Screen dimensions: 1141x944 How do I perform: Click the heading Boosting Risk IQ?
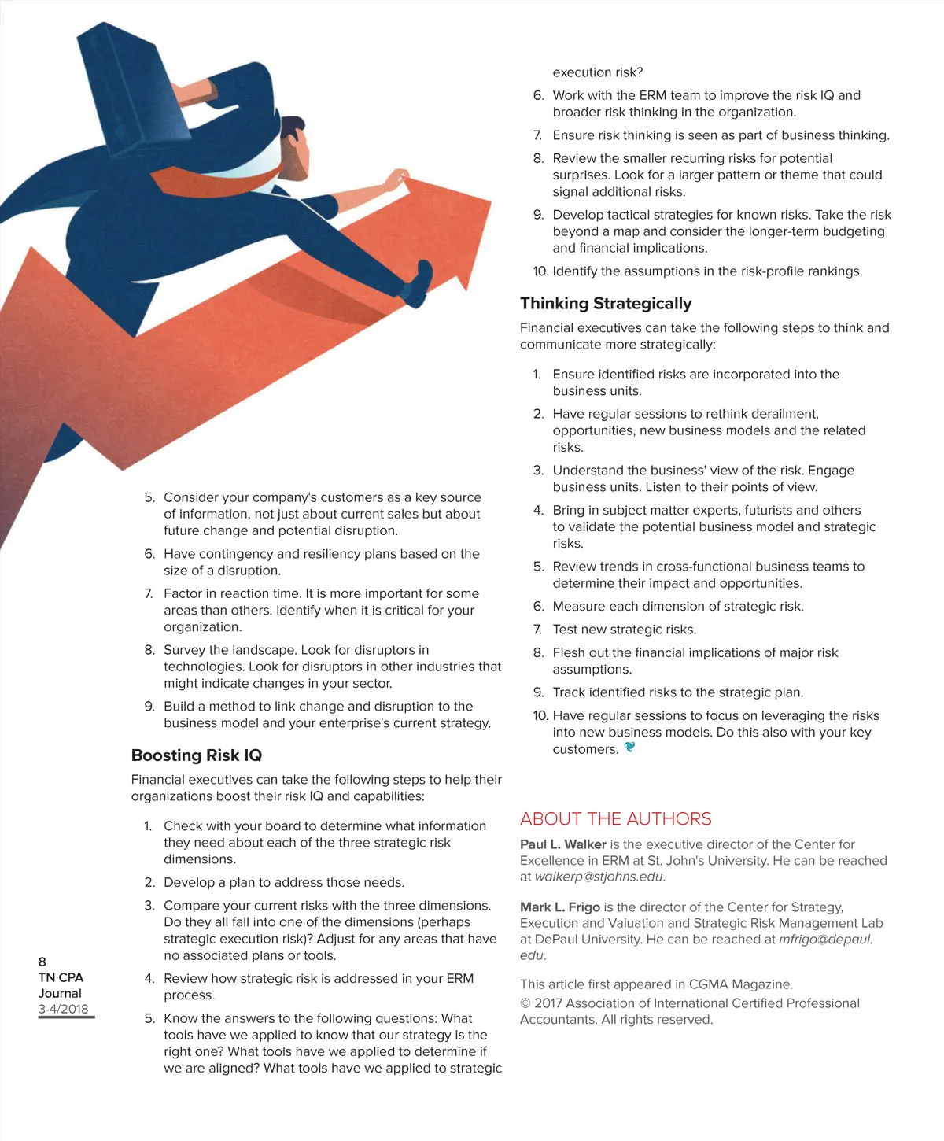tap(196, 755)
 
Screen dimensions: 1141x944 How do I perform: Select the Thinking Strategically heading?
tap(606, 304)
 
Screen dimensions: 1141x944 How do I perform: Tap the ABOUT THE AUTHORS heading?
tap(615, 818)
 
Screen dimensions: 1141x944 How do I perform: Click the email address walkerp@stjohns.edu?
tap(599, 877)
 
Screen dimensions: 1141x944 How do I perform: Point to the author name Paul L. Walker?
tap(562, 844)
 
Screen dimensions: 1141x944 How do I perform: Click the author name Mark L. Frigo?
tap(559, 907)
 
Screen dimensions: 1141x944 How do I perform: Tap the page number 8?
tap(42, 962)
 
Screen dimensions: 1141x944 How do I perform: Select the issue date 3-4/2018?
tap(63, 1009)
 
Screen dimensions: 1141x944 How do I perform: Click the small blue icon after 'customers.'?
tap(629, 748)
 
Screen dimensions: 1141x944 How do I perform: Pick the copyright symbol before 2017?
tap(525, 1003)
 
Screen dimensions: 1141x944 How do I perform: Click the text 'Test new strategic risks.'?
tap(624, 630)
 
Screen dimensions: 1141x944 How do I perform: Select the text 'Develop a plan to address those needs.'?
tap(284, 883)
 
